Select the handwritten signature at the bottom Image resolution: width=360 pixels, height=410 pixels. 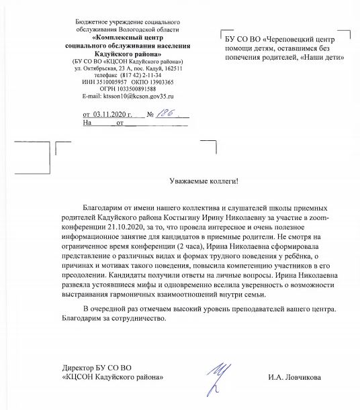(215, 376)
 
